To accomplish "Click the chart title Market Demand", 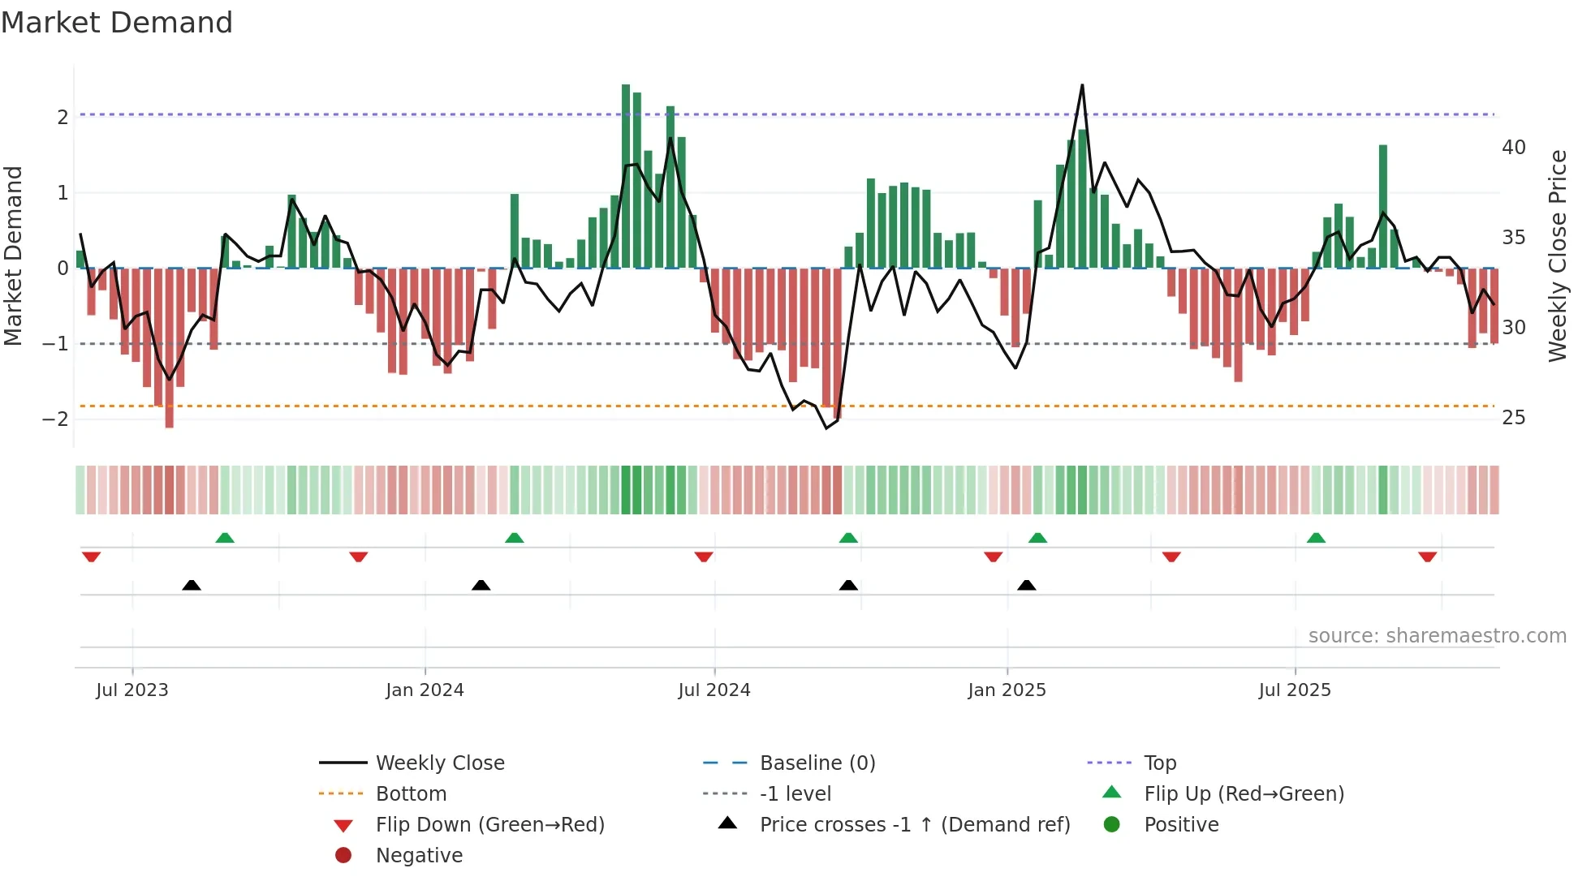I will (117, 23).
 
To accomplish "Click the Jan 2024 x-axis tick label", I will (425, 690).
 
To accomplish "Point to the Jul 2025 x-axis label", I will (1295, 690).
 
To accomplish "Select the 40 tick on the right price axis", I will (1513, 148).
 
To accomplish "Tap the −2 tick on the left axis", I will (55, 419).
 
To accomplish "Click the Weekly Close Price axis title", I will (1557, 256).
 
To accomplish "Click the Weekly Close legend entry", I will (439, 763).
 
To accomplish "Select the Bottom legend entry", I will (411, 794).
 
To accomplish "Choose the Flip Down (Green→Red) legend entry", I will (489, 825).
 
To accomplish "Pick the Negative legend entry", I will (419, 856).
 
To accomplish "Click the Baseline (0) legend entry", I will (817, 763).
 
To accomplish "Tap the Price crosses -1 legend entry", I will (914, 825).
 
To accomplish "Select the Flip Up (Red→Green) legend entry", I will (1244, 794).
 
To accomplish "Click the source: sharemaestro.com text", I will (1437, 636).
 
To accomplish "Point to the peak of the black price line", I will (1082, 86).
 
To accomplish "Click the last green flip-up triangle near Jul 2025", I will (1316, 538).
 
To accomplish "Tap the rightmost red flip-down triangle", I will (1427, 557).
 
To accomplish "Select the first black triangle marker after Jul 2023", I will (192, 585).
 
